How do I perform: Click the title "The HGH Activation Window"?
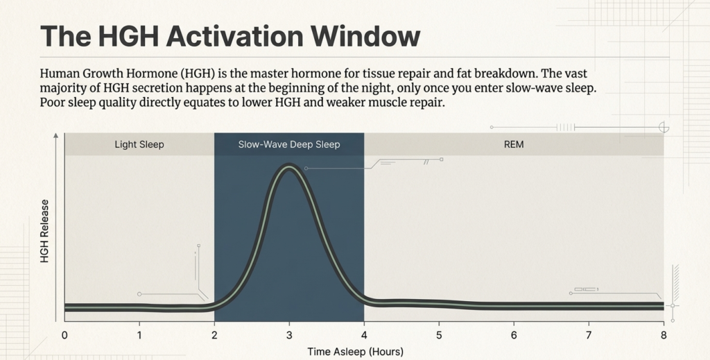pos(230,36)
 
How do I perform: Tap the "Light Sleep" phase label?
pos(139,145)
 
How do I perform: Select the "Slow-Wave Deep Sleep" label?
pos(289,145)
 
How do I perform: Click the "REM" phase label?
pos(514,145)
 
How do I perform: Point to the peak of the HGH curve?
pos(289,166)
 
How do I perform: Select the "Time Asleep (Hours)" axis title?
pos(355,352)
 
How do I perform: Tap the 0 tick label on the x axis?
pos(64,335)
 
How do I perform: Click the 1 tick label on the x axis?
pos(139,335)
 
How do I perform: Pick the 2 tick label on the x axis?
pos(214,335)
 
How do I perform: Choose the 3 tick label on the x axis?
pos(289,335)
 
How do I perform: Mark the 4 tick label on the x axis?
pos(364,335)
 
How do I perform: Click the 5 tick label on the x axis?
pos(439,335)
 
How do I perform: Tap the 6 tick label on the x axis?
pos(514,335)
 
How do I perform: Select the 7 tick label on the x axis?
pos(589,335)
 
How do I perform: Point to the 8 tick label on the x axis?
pos(664,335)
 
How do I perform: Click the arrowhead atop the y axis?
pos(55,138)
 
